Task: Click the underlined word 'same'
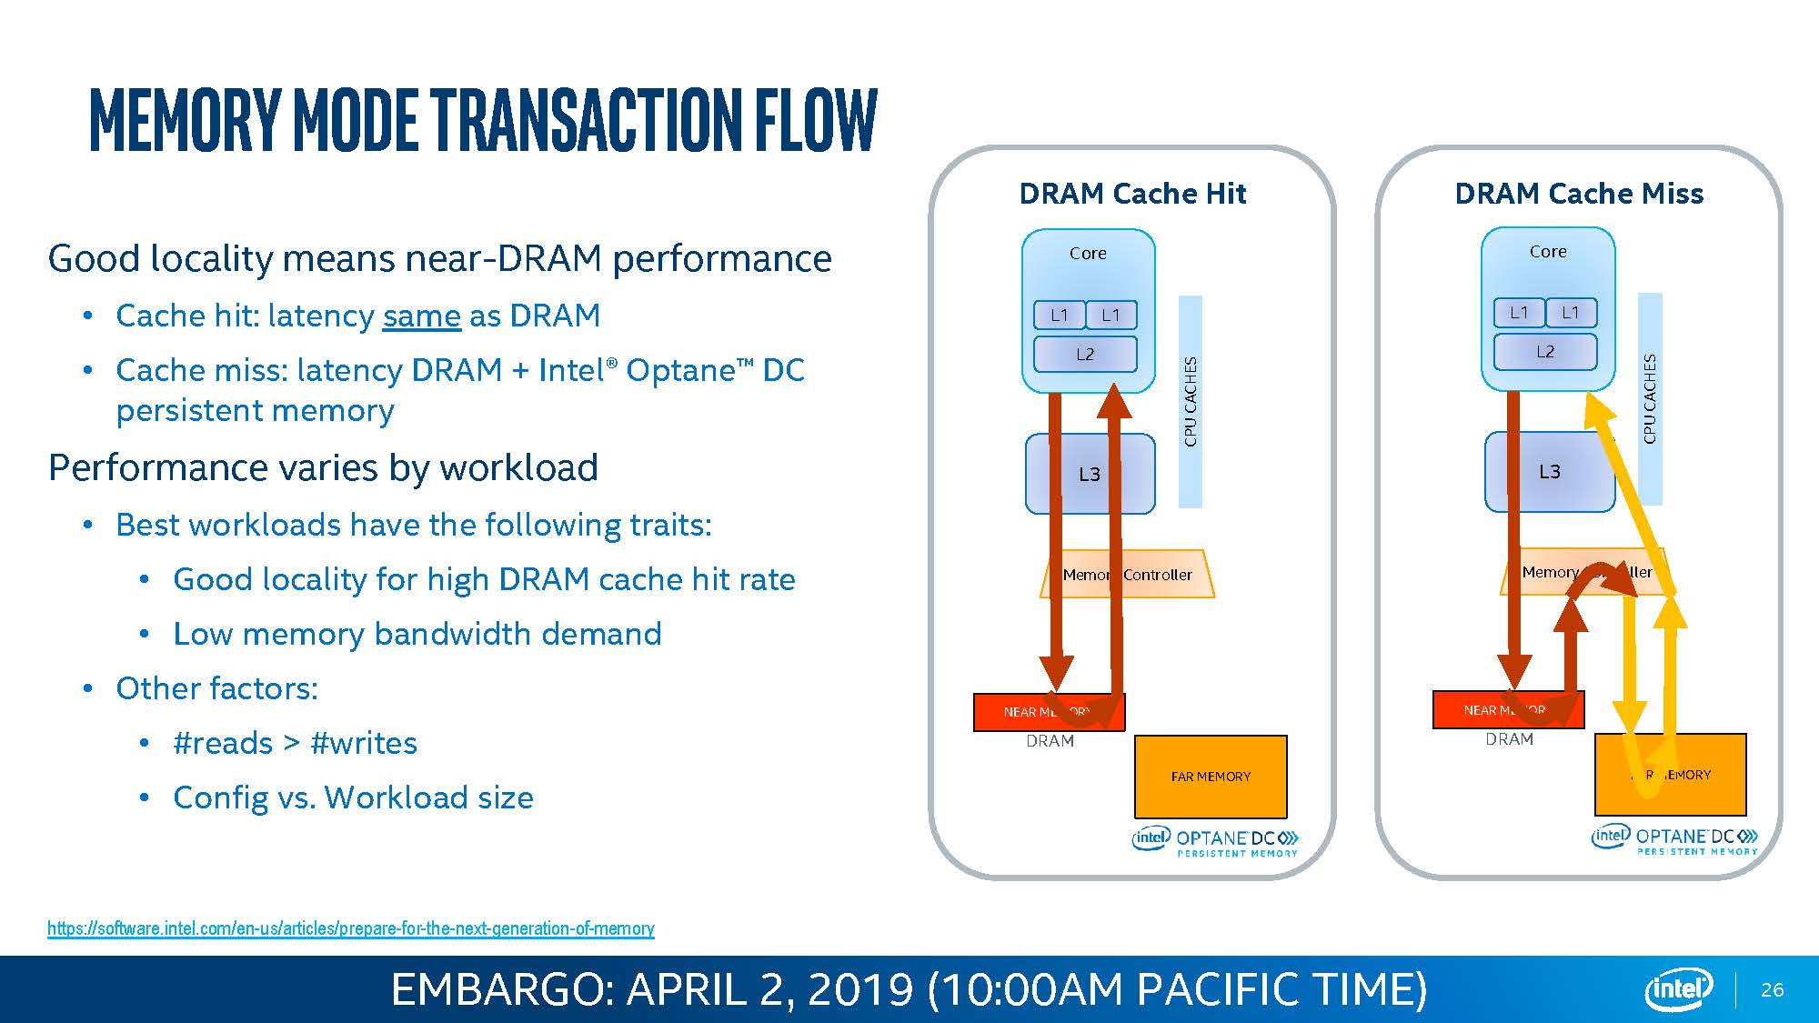(x=421, y=316)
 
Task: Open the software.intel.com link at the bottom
(x=350, y=928)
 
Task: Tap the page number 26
(x=1772, y=989)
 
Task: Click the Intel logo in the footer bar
(x=1678, y=989)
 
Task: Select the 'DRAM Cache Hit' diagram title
(x=1132, y=194)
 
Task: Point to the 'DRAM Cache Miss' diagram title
(x=1579, y=194)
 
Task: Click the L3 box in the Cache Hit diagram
(x=1089, y=474)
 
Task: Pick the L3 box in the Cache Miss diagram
(x=1549, y=471)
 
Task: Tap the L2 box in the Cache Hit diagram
(x=1085, y=354)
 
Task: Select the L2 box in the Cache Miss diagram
(x=1545, y=351)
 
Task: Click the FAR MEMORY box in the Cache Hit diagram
(x=1211, y=776)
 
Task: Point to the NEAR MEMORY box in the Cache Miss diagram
(x=1507, y=709)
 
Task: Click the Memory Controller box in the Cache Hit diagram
(x=1128, y=574)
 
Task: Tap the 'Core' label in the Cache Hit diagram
(x=1088, y=253)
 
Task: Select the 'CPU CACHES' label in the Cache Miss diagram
(x=1650, y=398)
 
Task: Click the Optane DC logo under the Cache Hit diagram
(x=1215, y=841)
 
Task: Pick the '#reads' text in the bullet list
(x=223, y=743)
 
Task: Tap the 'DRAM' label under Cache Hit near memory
(x=1050, y=741)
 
